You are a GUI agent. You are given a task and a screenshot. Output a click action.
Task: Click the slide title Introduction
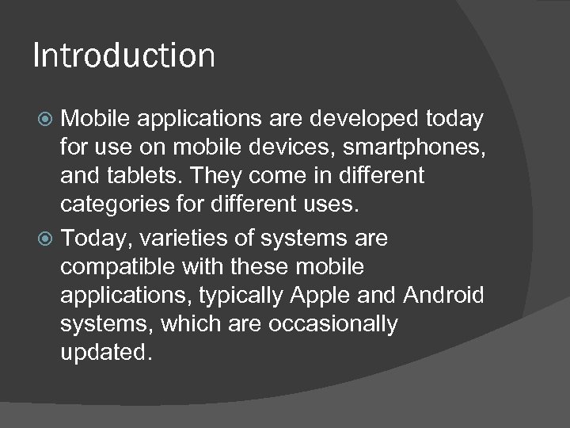pos(123,56)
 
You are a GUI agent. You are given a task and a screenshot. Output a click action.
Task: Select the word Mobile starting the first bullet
pos(95,118)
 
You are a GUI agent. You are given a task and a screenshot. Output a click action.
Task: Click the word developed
pos(365,118)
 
